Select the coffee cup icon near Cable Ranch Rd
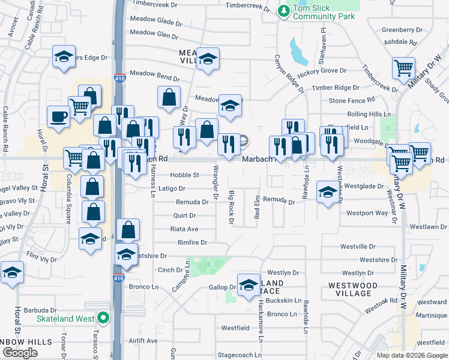click(x=59, y=116)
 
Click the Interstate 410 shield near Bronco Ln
click(x=118, y=278)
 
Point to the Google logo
click(x=20, y=353)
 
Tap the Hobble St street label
click(x=184, y=175)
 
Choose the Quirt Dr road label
click(x=184, y=215)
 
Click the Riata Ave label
click(x=184, y=229)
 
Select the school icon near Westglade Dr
click(x=327, y=192)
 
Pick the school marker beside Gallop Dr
click(x=248, y=286)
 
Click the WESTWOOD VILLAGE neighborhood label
click(x=354, y=289)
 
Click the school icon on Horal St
click(x=12, y=272)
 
